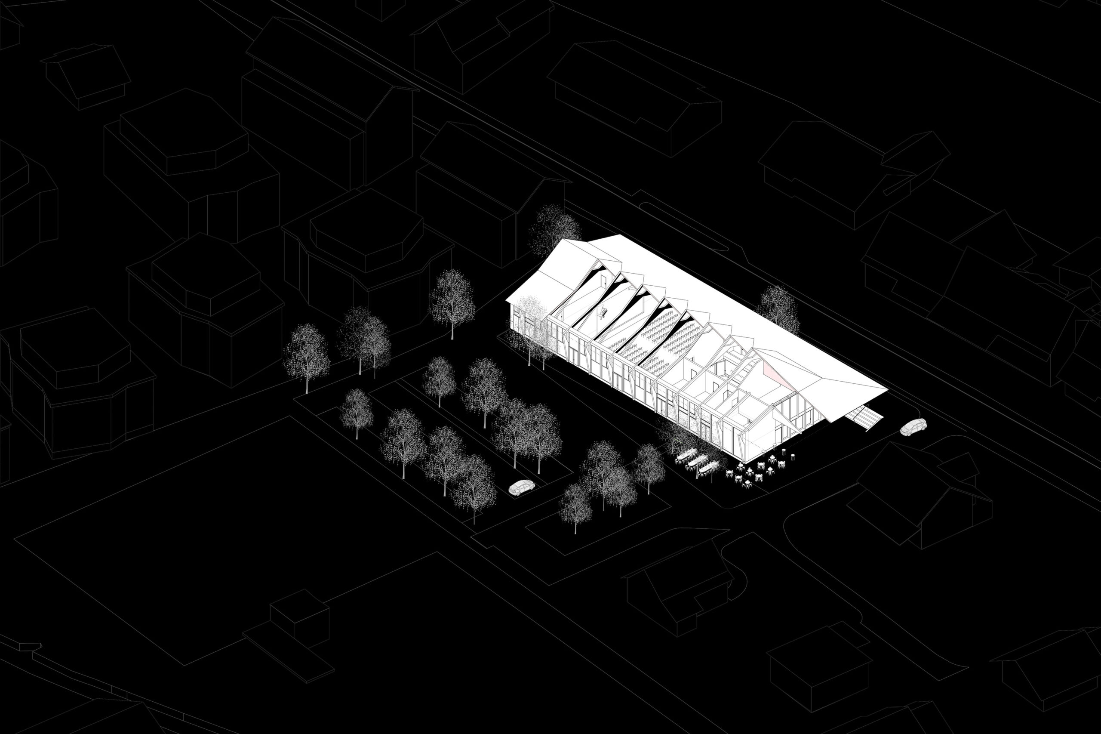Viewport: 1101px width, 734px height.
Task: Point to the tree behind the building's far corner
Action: [554, 229]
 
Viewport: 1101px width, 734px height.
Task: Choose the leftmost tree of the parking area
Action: [307, 356]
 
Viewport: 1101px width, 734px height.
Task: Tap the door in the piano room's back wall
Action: [605, 281]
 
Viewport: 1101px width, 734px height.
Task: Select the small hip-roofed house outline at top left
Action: [86, 75]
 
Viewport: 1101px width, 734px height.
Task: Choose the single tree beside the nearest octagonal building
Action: [452, 299]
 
